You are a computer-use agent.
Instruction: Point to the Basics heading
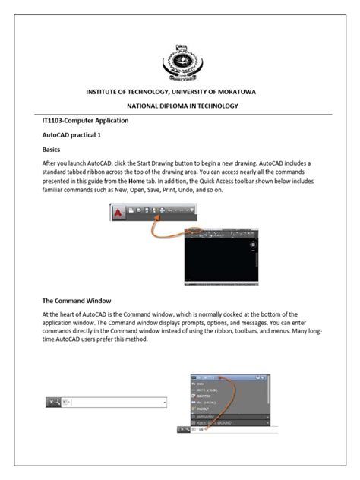click(x=51, y=150)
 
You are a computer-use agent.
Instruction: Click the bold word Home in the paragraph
click(x=137, y=182)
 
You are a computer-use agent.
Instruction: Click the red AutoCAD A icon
click(x=118, y=214)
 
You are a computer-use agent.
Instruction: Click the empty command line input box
click(x=114, y=402)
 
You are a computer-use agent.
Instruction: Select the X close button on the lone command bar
click(x=49, y=402)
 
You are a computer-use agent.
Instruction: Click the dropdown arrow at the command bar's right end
click(x=165, y=402)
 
